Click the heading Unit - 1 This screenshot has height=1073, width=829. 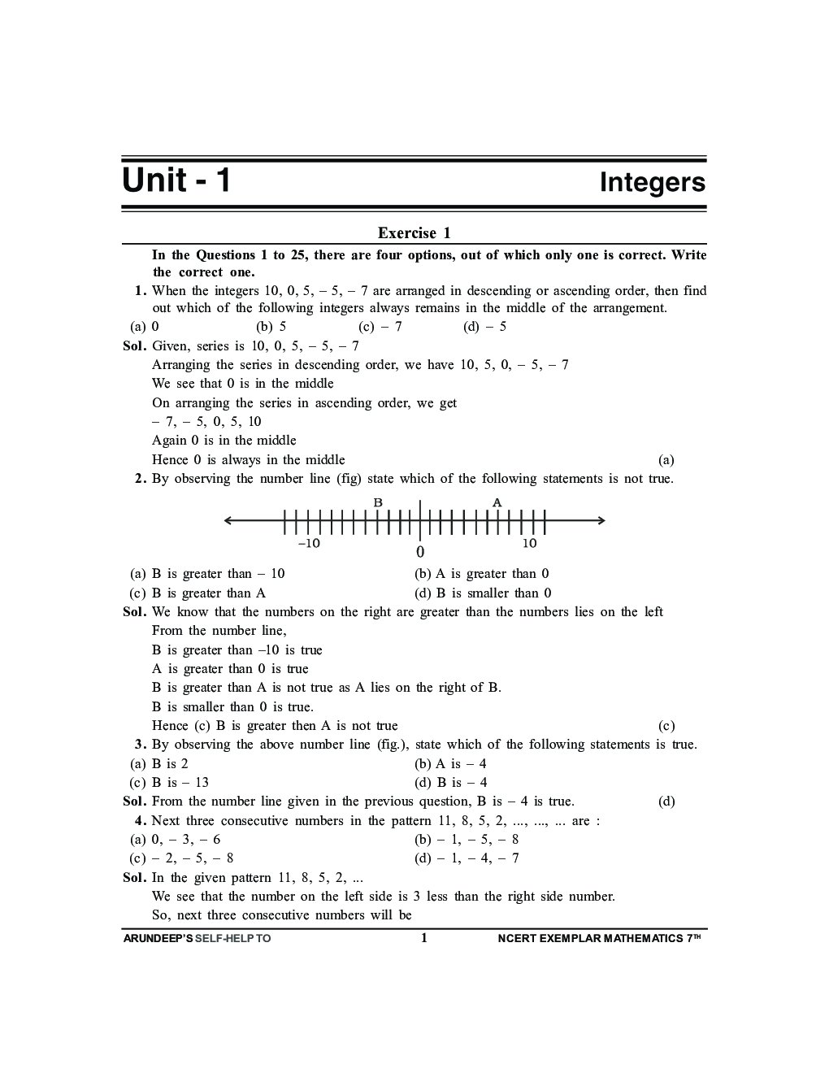(176, 180)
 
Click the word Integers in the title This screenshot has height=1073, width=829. (652, 182)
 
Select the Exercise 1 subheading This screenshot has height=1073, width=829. (414, 233)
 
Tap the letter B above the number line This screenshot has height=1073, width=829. (378, 502)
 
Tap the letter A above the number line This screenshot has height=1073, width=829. (497, 502)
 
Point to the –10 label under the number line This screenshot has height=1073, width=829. (309, 543)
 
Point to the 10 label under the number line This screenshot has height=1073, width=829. (529, 543)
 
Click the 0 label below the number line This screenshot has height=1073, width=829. (420, 552)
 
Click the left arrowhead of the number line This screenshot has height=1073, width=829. (228, 520)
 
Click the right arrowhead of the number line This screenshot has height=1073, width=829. (601, 520)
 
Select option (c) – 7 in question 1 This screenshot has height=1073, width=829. (380, 327)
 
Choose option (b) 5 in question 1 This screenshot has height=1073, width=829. (271, 327)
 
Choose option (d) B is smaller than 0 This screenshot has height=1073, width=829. (483, 593)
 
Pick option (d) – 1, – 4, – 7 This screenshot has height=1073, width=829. (467, 858)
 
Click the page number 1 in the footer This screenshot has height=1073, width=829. (423, 938)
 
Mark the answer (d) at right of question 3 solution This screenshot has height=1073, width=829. (666, 802)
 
